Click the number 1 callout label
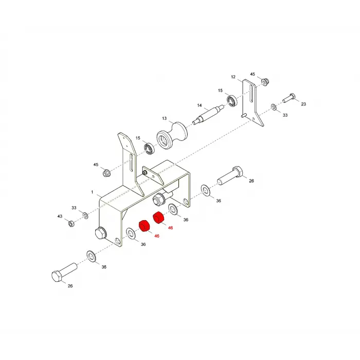(92, 192)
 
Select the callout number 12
(233, 77)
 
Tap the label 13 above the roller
(165, 118)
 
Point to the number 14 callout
(200, 105)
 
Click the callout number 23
(303, 104)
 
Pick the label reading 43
(60, 217)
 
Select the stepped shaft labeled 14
(208, 115)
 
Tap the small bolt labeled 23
(289, 98)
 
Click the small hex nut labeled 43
(71, 223)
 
